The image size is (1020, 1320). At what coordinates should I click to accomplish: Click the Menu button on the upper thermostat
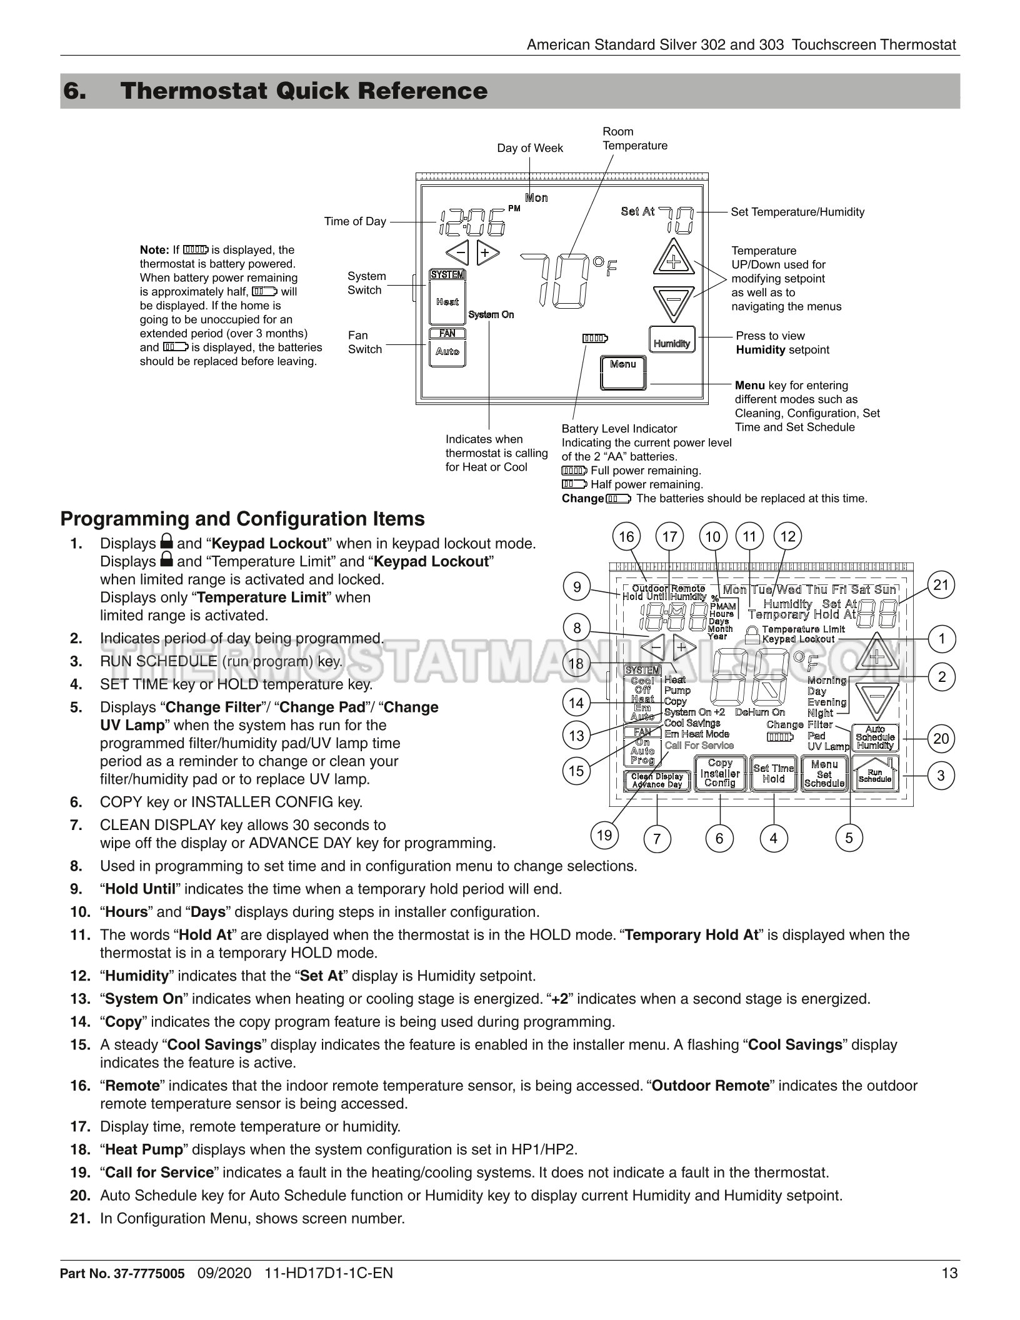coord(623,372)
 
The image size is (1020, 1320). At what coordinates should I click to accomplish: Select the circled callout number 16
coord(626,536)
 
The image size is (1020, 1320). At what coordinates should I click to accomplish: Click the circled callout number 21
coord(941,586)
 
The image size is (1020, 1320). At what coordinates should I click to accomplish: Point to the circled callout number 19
coord(604,836)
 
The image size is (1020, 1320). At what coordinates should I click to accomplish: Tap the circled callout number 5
coord(849,837)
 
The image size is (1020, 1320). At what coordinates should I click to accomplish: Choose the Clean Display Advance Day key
coord(657,781)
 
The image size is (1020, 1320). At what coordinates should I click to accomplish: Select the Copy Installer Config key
coord(720,773)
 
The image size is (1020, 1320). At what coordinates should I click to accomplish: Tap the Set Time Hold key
coord(774,774)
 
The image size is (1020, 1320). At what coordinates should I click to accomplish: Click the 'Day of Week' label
coord(530,148)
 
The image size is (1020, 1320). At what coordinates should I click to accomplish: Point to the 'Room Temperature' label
coord(634,139)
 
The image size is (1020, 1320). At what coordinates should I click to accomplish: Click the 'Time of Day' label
coord(355,221)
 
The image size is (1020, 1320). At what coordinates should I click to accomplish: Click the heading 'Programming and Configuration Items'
coord(242,519)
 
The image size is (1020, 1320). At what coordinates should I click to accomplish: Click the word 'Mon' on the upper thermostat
coord(536,198)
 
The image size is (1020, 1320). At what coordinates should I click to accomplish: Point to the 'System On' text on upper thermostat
coord(491,314)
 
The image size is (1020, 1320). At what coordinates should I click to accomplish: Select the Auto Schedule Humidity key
coord(875,737)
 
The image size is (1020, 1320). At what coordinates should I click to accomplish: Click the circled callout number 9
coord(577,586)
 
